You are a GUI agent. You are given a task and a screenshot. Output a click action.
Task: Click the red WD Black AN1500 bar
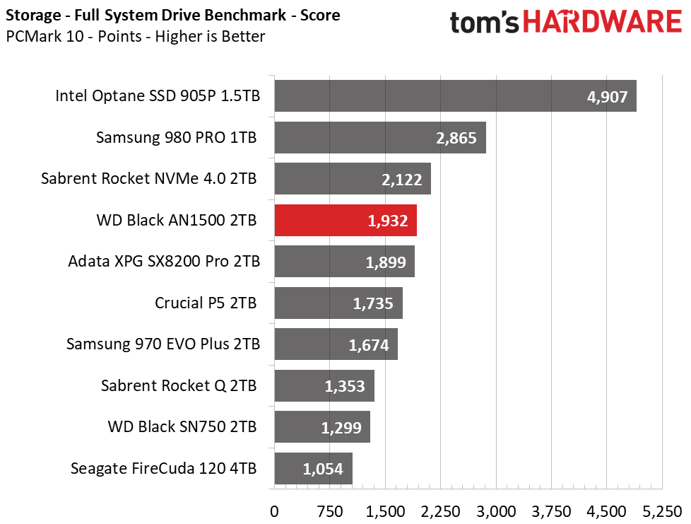point(345,221)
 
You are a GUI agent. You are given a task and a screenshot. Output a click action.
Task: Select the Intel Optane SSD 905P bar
point(455,96)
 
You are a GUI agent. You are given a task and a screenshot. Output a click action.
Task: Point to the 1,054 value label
point(323,469)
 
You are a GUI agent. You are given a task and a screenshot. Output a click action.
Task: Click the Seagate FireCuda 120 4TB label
point(163,468)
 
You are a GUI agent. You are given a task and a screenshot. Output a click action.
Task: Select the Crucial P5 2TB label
point(206,303)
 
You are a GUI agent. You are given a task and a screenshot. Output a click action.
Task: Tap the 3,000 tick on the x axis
point(497,511)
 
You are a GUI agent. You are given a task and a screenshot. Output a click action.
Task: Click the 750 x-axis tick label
point(329,511)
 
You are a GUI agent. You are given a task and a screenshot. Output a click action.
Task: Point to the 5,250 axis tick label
point(662,511)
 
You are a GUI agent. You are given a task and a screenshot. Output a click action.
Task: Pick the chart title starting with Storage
point(172,15)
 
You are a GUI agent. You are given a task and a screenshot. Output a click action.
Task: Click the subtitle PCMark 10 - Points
point(135,36)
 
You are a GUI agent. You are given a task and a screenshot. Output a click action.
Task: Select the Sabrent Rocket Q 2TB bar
point(324,386)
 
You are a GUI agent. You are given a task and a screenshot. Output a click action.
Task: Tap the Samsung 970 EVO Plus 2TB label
point(163,344)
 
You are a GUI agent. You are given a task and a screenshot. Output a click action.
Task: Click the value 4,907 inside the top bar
point(607,97)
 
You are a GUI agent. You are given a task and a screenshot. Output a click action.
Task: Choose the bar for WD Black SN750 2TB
point(321,427)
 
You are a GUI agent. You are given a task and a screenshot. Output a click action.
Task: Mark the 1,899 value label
point(386,262)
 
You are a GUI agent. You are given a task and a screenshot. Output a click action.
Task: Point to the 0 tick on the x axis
point(274,511)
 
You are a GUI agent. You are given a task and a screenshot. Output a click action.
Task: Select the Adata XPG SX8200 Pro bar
point(343,262)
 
